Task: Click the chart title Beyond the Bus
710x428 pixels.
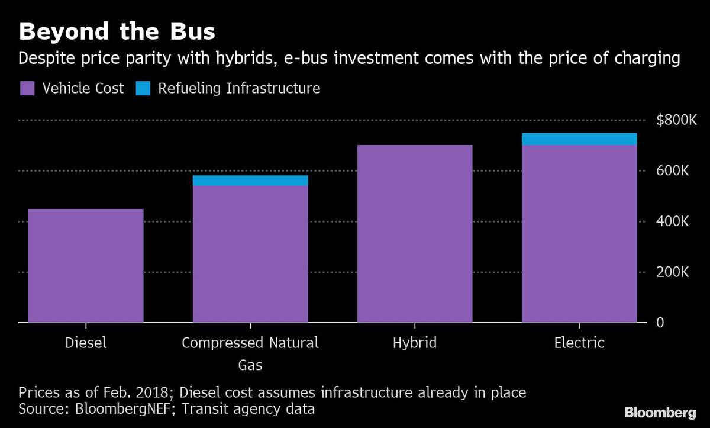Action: (x=117, y=32)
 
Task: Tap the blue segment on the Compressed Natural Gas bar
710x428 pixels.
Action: (x=250, y=181)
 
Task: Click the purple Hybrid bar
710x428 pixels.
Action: (x=415, y=234)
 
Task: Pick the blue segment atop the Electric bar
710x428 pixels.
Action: (x=579, y=139)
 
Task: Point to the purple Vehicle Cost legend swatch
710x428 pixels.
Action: (x=28, y=89)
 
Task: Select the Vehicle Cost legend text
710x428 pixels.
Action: (x=83, y=89)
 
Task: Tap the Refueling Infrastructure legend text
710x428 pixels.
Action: (x=239, y=89)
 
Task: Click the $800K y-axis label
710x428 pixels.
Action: (x=677, y=120)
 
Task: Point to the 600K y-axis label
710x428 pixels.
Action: (x=673, y=171)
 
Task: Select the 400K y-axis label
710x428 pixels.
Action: (x=673, y=221)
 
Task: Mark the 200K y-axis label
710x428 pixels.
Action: (x=673, y=272)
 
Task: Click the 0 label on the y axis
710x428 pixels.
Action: (x=660, y=323)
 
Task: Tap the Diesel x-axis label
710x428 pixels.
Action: (x=86, y=343)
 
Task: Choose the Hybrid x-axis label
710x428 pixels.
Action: (x=415, y=343)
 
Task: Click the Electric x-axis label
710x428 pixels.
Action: (x=579, y=343)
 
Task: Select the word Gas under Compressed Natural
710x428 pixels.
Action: (x=250, y=365)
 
